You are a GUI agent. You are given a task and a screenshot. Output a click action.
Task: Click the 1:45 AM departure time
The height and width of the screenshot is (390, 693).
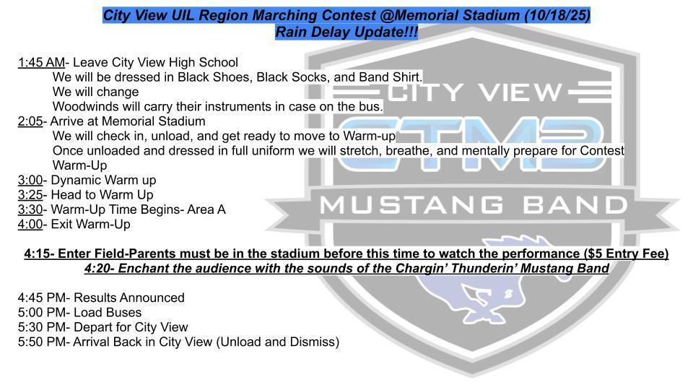41,62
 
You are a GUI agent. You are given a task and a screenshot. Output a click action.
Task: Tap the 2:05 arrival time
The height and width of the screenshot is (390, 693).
30,121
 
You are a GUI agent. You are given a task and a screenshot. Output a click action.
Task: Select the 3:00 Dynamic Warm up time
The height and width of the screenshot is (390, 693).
30,180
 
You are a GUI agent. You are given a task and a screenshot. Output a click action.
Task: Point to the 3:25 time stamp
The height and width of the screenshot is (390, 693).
30,194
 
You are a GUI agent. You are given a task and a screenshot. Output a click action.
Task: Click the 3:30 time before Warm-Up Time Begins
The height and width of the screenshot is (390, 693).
30,209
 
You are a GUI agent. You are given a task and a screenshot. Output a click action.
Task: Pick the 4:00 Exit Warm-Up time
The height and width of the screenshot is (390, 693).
30,224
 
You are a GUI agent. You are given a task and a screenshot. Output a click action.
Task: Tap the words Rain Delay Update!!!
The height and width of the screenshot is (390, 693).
346,32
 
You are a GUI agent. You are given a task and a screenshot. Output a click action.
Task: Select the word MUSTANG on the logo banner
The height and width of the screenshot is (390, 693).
411,205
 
